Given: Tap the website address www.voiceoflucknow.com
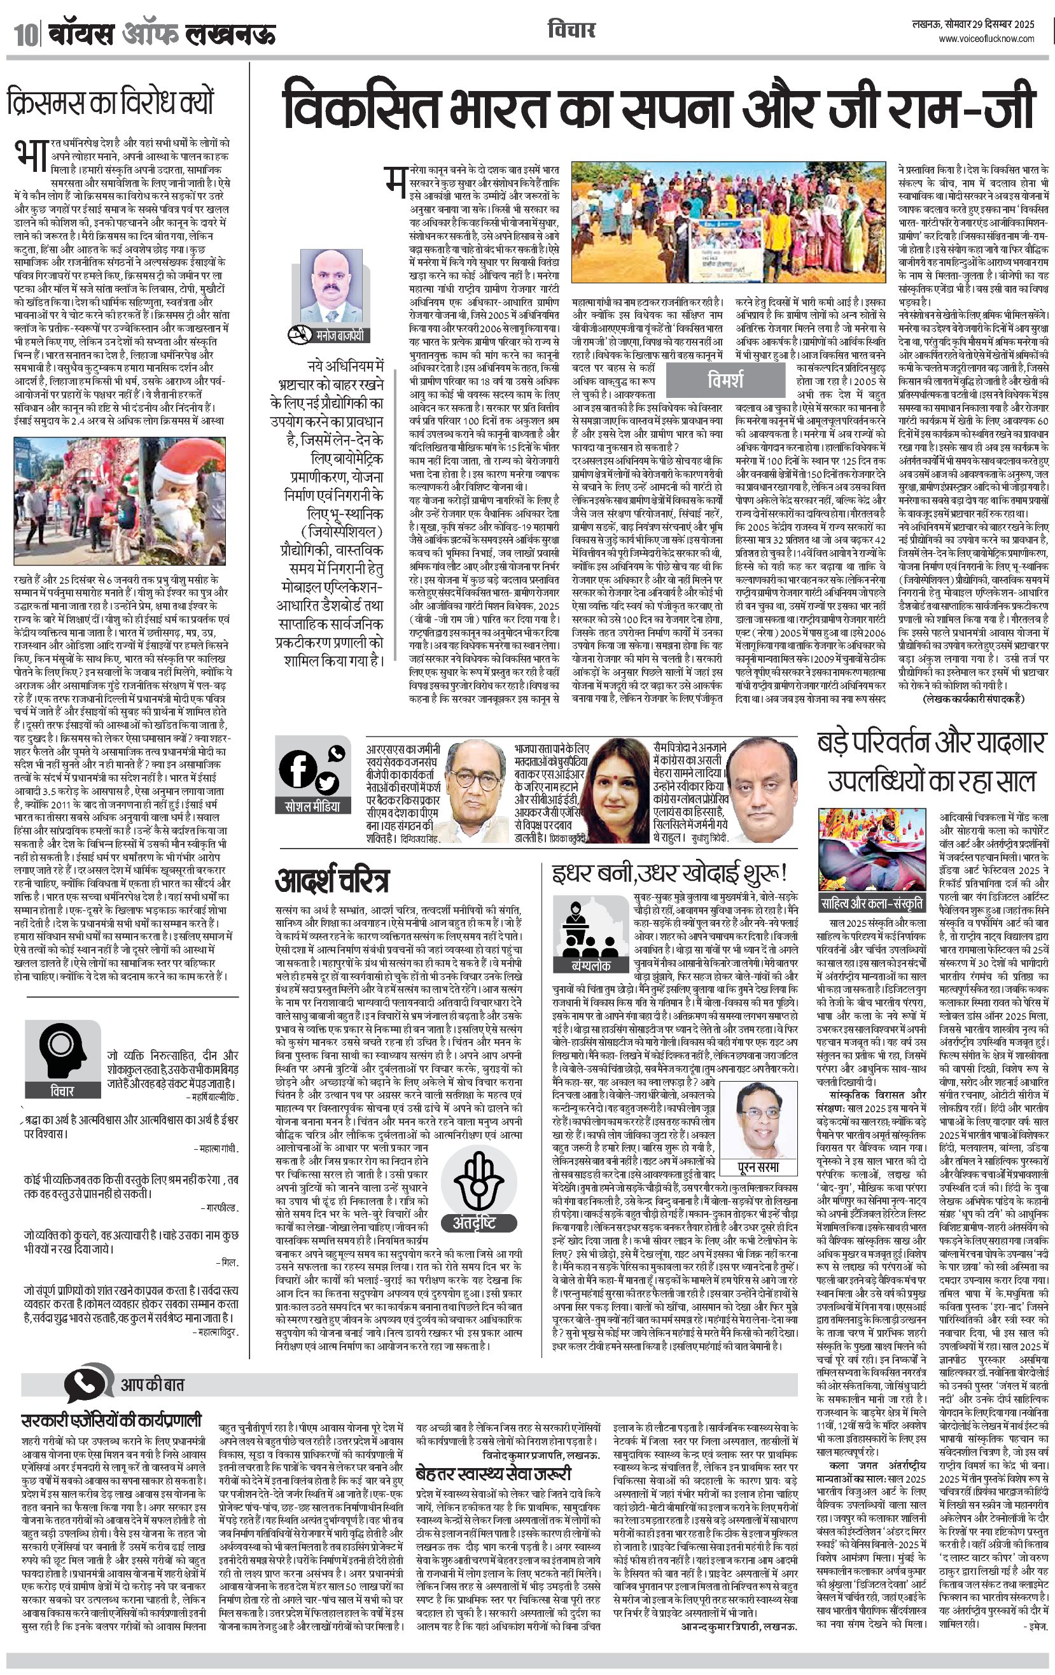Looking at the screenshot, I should (x=986, y=39).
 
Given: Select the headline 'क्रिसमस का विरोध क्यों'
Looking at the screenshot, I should (x=111, y=102).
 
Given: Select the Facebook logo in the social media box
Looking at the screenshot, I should (x=297, y=769).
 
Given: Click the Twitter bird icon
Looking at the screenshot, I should (x=326, y=784).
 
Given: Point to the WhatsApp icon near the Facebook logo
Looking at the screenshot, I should (x=337, y=753).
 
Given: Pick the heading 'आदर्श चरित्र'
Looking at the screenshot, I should (x=332, y=880).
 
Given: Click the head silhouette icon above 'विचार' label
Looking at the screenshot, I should (x=62, y=1047).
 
